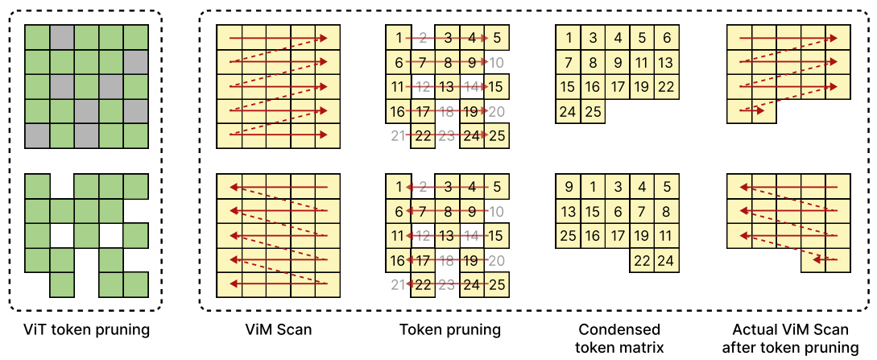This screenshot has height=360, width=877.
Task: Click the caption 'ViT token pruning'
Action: pos(87,329)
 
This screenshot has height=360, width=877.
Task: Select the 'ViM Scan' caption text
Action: pos(279,329)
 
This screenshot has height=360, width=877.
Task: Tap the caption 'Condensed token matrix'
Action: pos(620,338)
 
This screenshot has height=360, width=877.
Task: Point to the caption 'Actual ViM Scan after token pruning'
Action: pos(789,338)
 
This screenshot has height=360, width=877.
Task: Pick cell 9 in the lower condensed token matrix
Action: pos(569,188)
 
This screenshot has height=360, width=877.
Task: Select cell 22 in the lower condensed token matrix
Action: pos(642,261)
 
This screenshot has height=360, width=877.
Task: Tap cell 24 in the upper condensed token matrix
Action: pos(568,112)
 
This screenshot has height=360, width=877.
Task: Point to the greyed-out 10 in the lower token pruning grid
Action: pos(497,212)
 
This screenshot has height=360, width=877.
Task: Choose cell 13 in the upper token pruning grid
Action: pos(448,87)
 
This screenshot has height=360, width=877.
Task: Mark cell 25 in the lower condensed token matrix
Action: pos(569,237)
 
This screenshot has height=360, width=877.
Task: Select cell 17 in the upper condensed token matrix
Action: pos(617,87)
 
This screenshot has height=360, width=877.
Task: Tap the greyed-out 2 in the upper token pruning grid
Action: pos(424,38)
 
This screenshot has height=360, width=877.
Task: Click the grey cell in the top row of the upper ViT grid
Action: pos(62,37)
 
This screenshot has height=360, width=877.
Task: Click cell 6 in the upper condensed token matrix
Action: pos(667,38)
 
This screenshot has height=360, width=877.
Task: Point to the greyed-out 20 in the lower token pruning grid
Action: pos(497,261)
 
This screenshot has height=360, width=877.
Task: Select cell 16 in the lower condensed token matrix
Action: pos(593,237)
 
